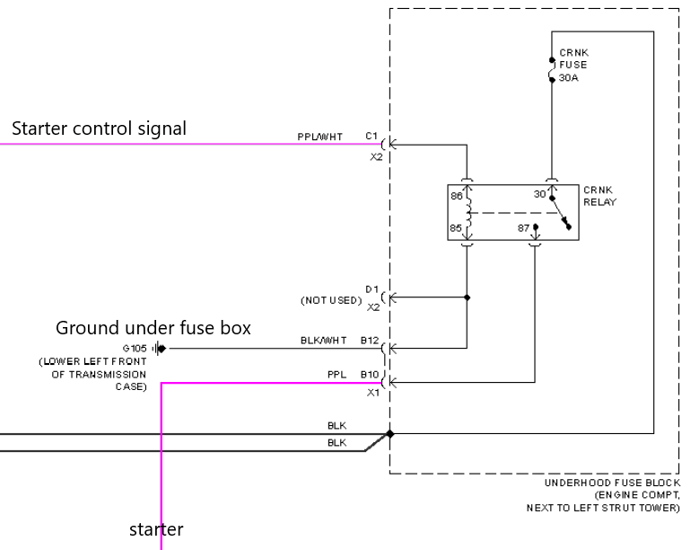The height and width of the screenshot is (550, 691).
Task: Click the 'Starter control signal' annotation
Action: tap(99, 129)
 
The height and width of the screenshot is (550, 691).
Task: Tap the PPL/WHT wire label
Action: tap(320, 137)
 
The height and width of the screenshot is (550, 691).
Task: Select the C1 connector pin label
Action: tap(372, 136)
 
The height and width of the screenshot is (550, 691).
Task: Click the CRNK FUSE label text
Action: tap(573, 58)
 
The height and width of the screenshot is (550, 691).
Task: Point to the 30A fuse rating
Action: tap(568, 77)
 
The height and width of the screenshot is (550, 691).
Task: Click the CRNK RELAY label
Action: tap(599, 196)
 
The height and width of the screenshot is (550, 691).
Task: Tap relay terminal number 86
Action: tap(457, 196)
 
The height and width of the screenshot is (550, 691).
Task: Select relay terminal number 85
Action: tap(456, 227)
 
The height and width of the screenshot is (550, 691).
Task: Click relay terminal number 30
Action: tap(540, 194)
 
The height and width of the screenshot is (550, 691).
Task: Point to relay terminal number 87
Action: tap(523, 227)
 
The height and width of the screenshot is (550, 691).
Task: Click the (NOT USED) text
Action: tap(331, 300)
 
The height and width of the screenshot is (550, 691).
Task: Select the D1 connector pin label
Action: tap(372, 289)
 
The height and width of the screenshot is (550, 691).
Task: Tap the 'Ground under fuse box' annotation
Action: tap(153, 328)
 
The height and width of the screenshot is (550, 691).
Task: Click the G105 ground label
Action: tap(135, 349)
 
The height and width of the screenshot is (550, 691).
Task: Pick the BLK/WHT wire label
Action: tap(323, 341)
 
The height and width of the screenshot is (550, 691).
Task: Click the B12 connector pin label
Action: tap(370, 341)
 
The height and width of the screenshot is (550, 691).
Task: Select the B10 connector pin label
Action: tap(370, 375)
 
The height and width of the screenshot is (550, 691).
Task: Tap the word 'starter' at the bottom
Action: tap(156, 529)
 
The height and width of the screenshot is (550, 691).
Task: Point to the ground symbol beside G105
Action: tap(159, 349)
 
